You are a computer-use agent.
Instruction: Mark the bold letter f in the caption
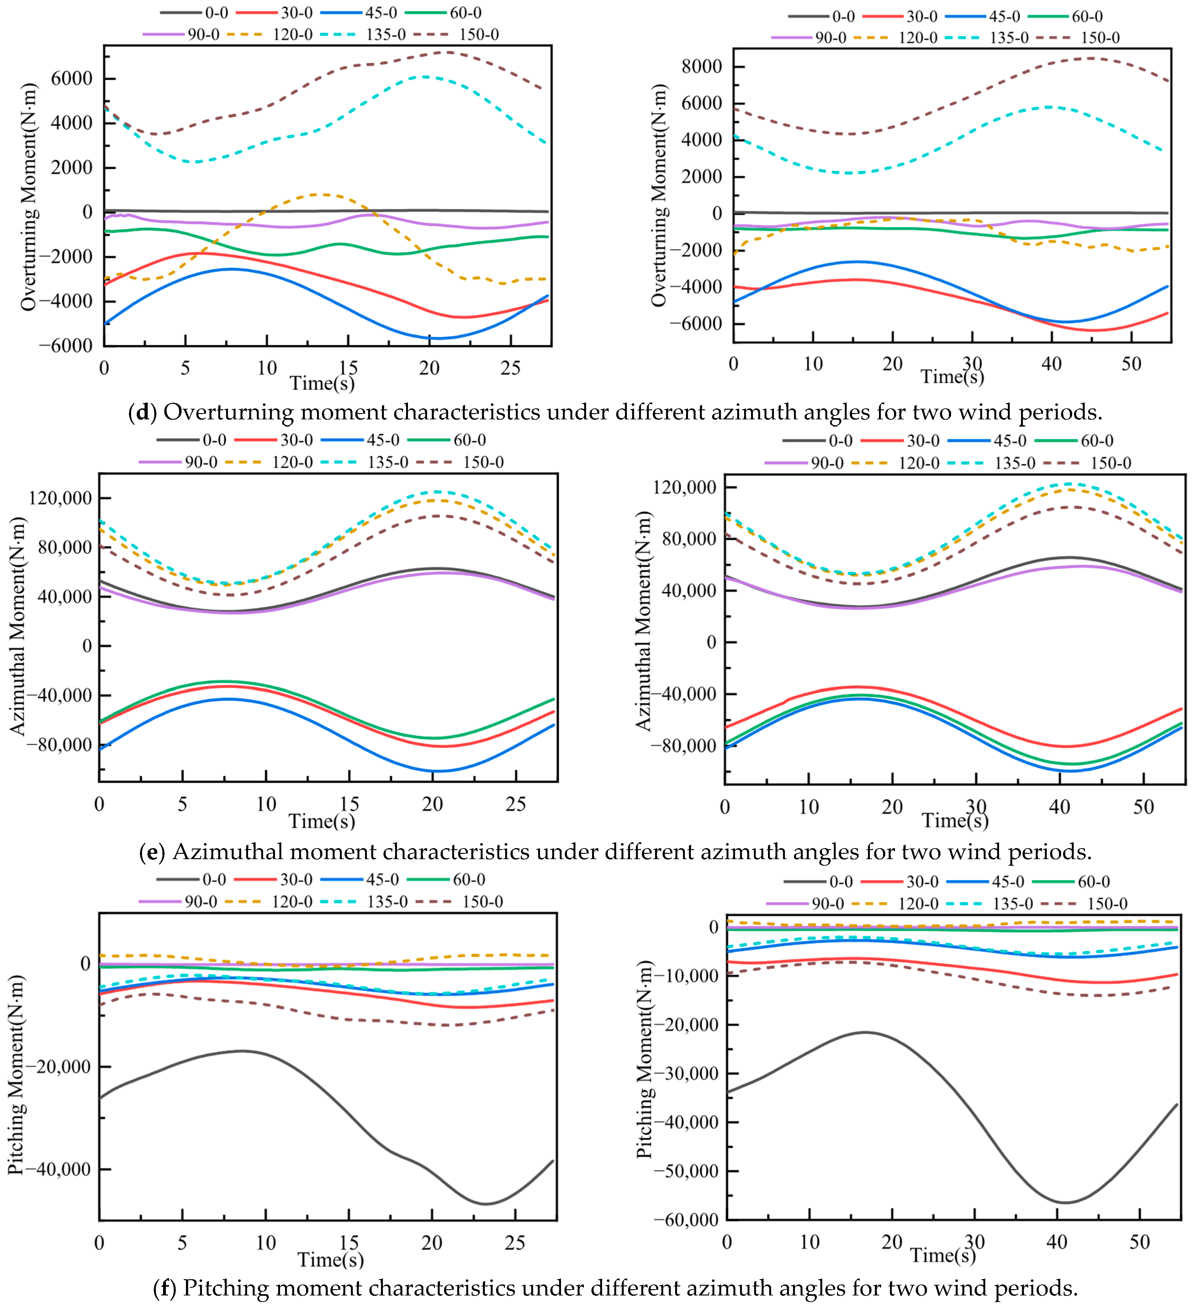[165, 1288]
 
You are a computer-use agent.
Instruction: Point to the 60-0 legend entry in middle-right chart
[1097, 441]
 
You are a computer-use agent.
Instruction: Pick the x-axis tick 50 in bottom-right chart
[1140, 1242]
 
